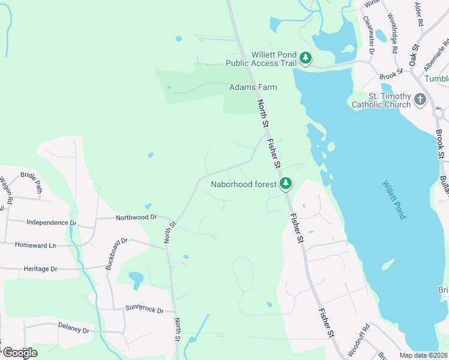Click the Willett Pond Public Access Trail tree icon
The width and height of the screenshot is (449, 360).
(x=306, y=58)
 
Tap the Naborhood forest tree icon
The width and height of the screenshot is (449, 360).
(x=287, y=182)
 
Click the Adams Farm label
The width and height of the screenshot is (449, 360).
(x=253, y=87)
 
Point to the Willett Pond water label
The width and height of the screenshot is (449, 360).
(x=393, y=199)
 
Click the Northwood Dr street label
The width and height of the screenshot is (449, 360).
(x=136, y=217)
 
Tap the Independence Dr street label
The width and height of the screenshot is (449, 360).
(x=52, y=223)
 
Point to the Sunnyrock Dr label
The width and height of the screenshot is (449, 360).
(x=144, y=310)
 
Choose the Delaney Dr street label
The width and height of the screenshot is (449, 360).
(x=73, y=330)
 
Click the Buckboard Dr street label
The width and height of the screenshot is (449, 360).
(x=116, y=254)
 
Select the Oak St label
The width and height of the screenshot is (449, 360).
(x=414, y=55)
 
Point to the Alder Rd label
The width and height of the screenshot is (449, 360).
(x=419, y=14)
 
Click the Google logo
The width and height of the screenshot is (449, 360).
(x=20, y=353)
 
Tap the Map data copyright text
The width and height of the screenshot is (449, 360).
(x=424, y=355)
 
